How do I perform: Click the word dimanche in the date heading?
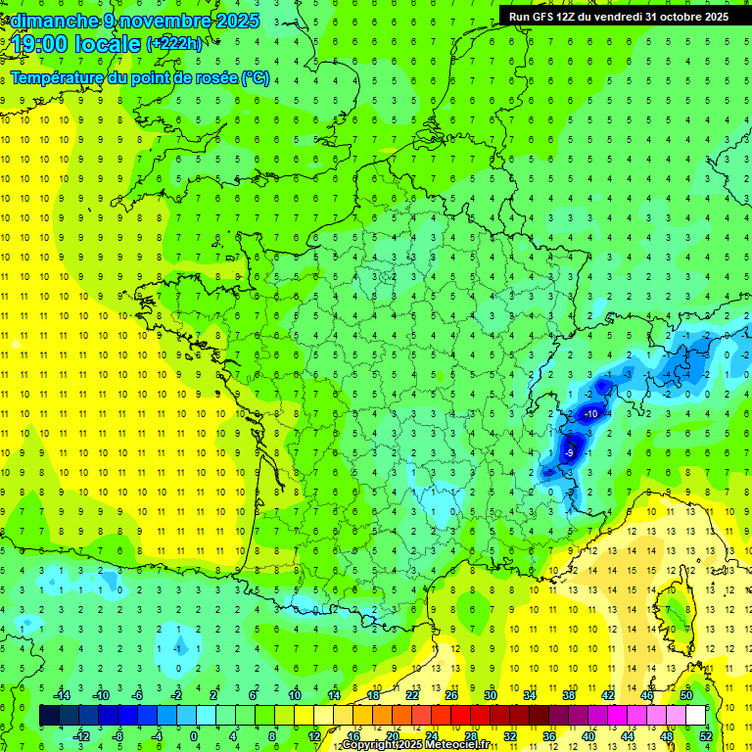point(50,21)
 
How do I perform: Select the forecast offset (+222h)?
point(174,44)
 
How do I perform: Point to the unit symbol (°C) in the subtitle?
point(255,77)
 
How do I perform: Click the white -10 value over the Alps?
point(590,414)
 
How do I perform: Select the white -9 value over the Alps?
point(569,453)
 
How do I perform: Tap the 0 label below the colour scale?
point(194,736)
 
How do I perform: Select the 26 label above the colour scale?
point(450,694)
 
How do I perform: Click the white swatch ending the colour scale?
point(696,716)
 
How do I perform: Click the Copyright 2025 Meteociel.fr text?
point(415,745)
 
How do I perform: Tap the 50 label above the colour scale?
point(686,694)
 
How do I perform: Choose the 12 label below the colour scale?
point(314,736)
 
